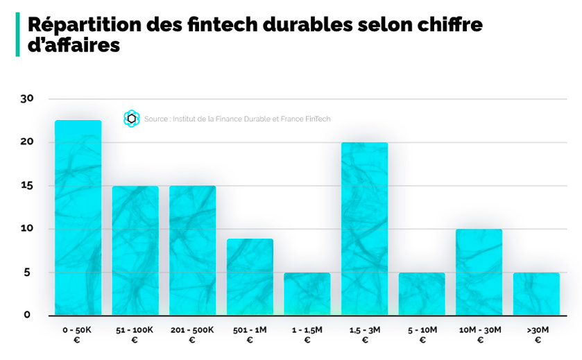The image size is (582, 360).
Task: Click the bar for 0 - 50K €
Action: pyautogui.click(x=78, y=218)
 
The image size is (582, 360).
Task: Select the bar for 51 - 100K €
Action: pyautogui.click(x=135, y=250)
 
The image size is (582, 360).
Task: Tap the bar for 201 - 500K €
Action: pyautogui.click(x=193, y=250)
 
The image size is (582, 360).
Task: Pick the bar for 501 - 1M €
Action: pyautogui.click(x=250, y=277)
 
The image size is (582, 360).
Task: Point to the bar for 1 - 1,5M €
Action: pyautogui.click(x=307, y=294)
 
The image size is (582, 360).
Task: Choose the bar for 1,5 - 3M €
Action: pyautogui.click(x=365, y=229)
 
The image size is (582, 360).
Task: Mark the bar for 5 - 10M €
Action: pyautogui.click(x=422, y=294)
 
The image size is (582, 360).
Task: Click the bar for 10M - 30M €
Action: pyautogui.click(x=479, y=272)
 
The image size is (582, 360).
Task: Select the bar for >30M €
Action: pyautogui.click(x=536, y=294)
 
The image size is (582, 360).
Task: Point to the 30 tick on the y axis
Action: pyautogui.click(x=27, y=98)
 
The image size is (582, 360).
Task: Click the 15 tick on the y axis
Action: pyautogui.click(x=27, y=186)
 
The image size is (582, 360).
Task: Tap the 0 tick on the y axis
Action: pyautogui.click(x=27, y=315)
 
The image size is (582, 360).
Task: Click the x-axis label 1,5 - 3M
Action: pyautogui.click(x=365, y=329)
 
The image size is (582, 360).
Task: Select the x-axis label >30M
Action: pyautogui.click(x=536, y=329)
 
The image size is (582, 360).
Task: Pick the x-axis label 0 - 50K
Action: pyautogui.click(x=77, y=329)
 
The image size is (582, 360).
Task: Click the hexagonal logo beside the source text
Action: pyautogui.click(x=131, y=119)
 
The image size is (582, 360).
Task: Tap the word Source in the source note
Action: pyautogui.click(x=155, y=119)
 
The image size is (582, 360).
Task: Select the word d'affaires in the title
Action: pyautogui.click(x=74, y=45)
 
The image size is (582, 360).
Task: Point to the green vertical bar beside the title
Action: pyautogui.click(x=17, y=35)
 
